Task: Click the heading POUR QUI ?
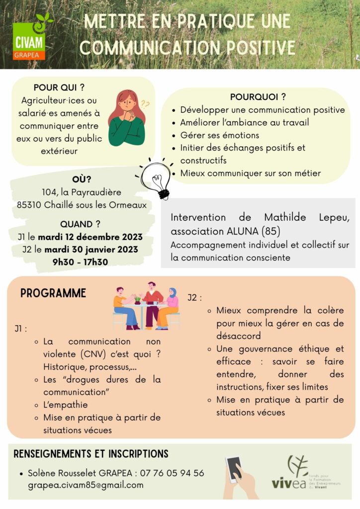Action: (x=59, y=87)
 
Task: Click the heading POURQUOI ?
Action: (x=258, y=97)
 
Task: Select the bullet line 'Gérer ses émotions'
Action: (x=219, y=135)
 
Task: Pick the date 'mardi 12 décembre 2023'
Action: (x=90, y=237)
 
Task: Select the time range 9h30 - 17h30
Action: (x=81, y=262)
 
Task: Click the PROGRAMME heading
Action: (x=53, y=293)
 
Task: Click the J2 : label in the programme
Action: (x=195, y=298)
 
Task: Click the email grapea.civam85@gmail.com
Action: (x=86, y=485)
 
